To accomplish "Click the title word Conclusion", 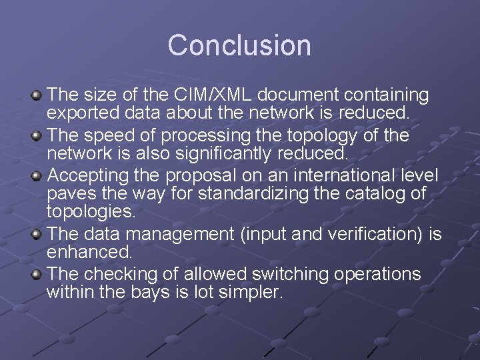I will point(239,45).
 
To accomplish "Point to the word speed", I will point(111,135).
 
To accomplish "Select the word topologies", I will point(91,211).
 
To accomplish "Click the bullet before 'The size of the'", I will point(37,95).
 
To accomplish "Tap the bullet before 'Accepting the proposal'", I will point(37,176).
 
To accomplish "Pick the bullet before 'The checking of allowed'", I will point(37,275).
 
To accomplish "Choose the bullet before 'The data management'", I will point(37,235).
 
